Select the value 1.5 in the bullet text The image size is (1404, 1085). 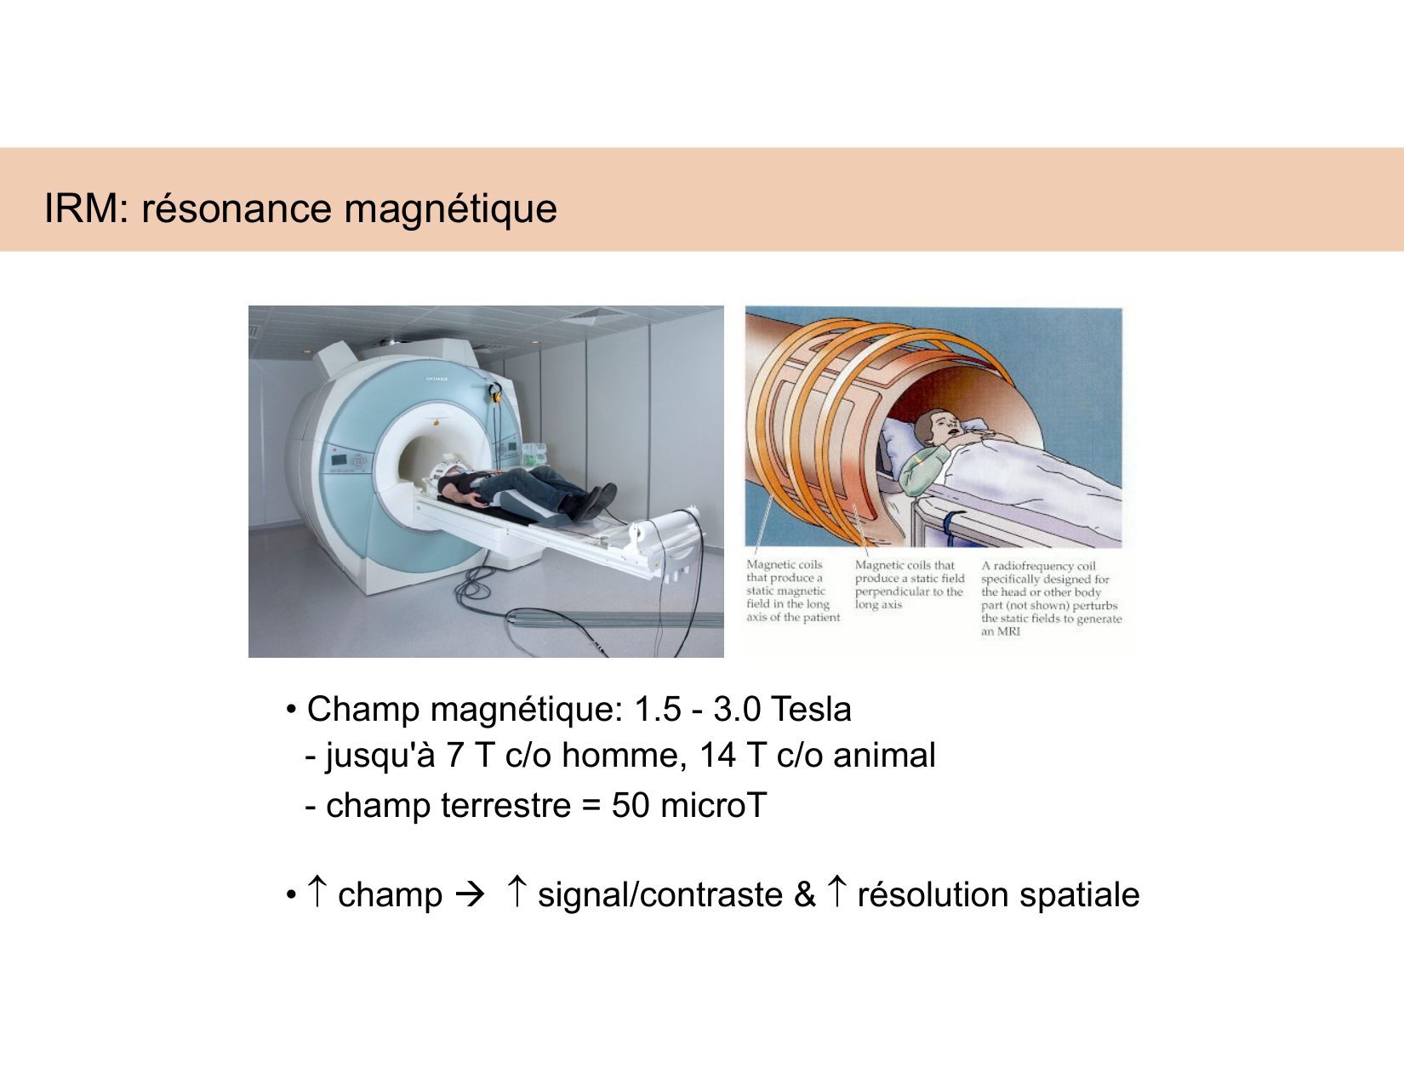(658, 709)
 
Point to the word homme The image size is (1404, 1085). (623, 756)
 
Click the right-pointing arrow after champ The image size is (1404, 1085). (470, 894)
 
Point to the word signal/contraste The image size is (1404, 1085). (660, 895)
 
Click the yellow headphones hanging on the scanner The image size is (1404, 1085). (494, 392)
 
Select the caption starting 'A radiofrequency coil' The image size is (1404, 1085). (1050, 598)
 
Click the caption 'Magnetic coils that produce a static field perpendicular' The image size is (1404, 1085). (909, 585)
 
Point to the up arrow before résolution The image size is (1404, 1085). (837, 892)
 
